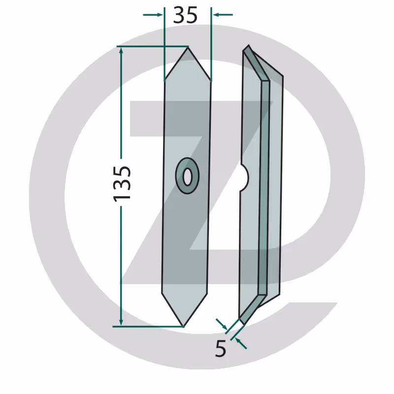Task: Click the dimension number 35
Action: click(185, 15)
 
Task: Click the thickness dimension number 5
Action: click(220, 349)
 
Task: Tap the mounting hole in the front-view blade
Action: click(187, 177)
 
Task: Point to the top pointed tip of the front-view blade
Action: click(188, 48)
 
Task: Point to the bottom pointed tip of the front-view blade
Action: click(183, 326)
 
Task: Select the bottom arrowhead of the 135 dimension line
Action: click(121, 322)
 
